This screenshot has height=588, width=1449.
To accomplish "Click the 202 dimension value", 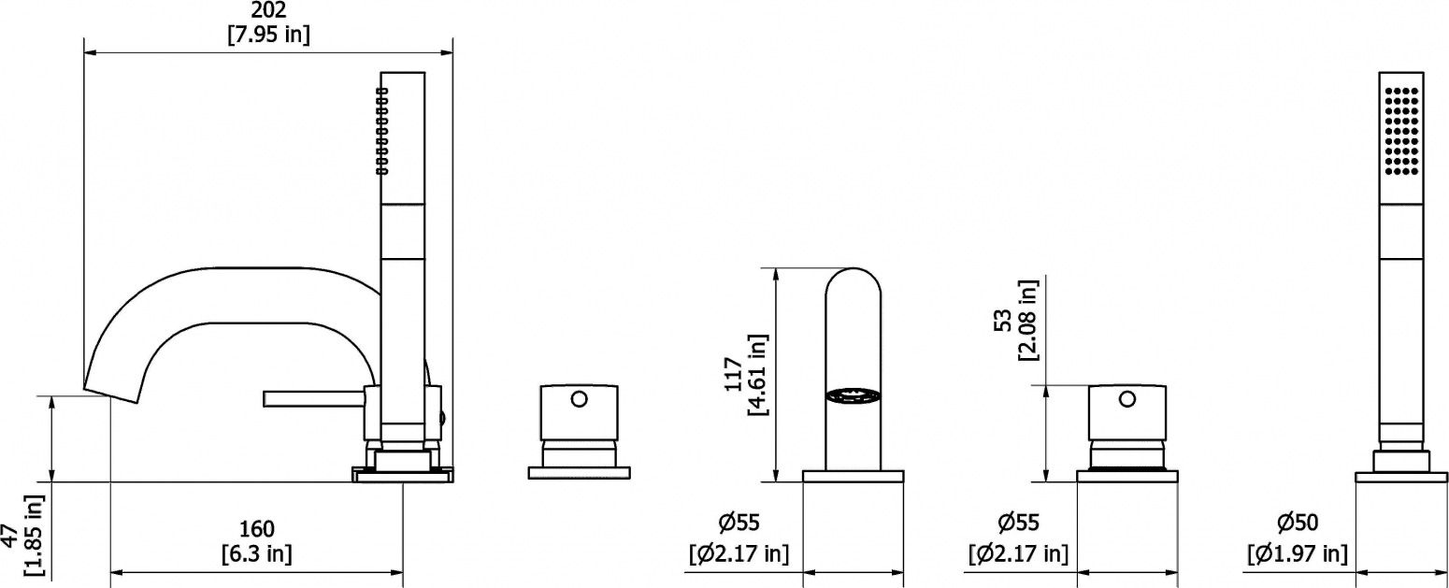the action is [x=268, y=9].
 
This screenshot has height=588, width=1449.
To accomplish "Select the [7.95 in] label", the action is [x=268, y=34].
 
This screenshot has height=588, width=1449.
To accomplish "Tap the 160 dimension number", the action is [x=257, y=529].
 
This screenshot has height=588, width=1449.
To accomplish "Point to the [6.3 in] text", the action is [x=257, y=553].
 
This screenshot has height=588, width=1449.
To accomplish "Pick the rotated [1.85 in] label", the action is [x=34, y=536].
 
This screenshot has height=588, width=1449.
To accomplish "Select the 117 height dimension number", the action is [x=733, y=374].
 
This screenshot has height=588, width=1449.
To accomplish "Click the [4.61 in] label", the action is [x=757, y=375].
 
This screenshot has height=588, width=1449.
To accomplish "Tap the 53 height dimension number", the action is [x=1003, y=321].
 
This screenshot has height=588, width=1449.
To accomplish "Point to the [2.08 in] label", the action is [x=1027, y=321].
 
